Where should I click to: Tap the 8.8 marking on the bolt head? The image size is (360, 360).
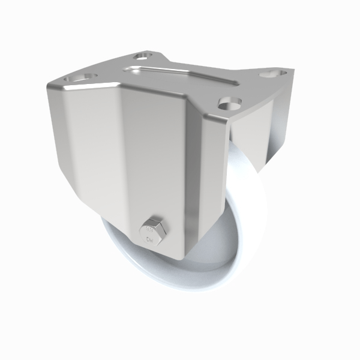pyautogui.click(x=150, y=228)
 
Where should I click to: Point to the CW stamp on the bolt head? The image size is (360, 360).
pyautogui.click(x=150, y=238)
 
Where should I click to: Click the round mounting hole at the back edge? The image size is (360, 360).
pyautogui.click(x=142, y=56)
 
